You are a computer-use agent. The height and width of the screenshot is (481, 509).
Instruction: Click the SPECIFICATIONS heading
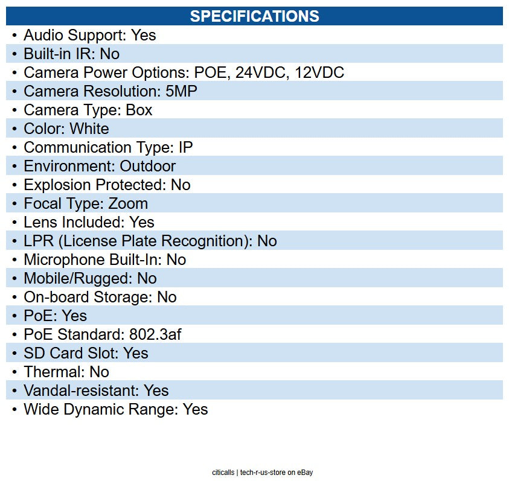[x=254, y=16]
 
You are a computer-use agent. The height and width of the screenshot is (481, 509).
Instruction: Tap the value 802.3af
[x=155, y=334]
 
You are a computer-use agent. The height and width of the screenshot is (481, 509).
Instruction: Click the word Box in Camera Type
[x=139, y=110]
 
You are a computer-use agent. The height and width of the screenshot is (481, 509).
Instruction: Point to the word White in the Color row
[x=89, y=129]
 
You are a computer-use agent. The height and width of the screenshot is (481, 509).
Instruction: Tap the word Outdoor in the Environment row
[x=147, y=166]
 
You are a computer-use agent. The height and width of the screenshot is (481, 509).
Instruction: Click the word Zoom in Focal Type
[x=128, y=203]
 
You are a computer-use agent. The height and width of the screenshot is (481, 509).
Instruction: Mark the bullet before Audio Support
[x=14, y=35]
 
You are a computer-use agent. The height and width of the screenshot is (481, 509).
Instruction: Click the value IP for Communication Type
[x=185, y=147]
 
